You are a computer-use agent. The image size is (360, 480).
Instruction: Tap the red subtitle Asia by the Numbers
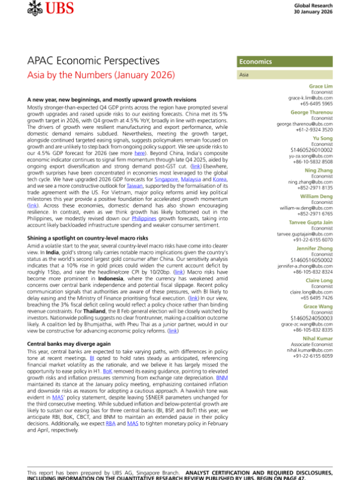click(101, 76)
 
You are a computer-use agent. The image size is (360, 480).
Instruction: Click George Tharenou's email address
click(305, 124)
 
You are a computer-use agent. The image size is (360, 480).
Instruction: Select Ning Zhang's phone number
click(317, 187)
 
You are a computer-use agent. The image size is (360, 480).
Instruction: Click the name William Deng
click(316, 196)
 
